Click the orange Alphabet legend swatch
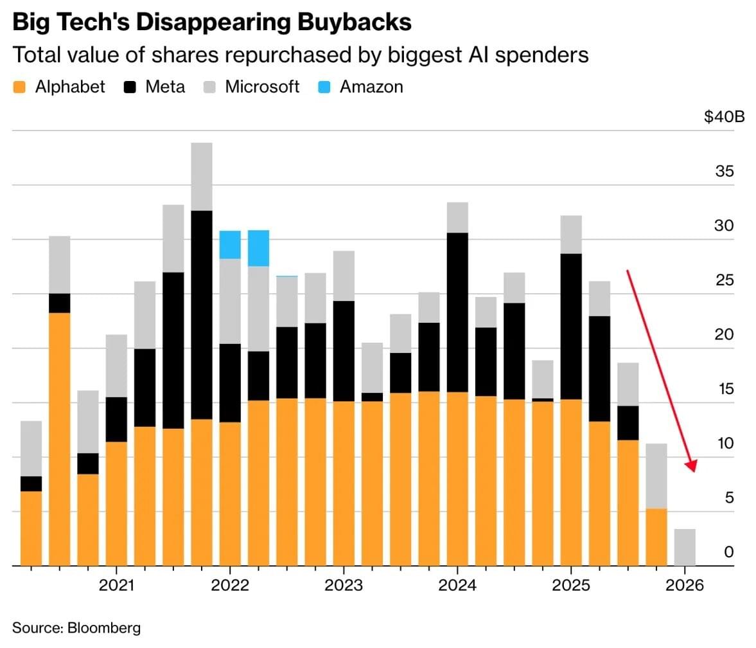(x=19, y=87)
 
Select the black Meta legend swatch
(x=130, y=87)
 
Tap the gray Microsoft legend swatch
(x=209, y=87)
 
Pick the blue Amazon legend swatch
(x=324, y=87)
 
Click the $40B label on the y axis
(x=724, y=116)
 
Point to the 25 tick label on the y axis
(x=724, y=280)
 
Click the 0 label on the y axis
(x=728, y=552)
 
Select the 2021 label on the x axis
(x=116, y=585)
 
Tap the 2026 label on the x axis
(x=685, y=585)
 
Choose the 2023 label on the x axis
(x=343, y=585)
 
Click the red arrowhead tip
(x=694, y=472)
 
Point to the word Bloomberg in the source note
(x=104, y=627)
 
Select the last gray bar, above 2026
(x=685, y=547)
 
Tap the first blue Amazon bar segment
(x=230, y=245)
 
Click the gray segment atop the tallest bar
(x=202, y=177)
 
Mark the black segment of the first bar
(x=31, y=484)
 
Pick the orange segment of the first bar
(x=31, y=528)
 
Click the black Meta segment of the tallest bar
(x=202, y=315)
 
